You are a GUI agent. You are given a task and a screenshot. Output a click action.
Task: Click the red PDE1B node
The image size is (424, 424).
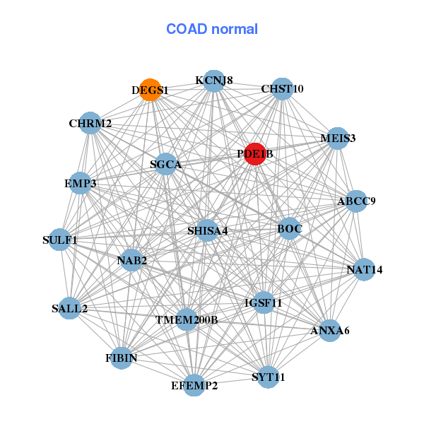tap(254, 153)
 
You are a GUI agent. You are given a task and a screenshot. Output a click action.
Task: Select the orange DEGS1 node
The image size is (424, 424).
tap(150, 90)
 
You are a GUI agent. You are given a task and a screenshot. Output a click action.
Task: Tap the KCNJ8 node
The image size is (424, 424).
tap(214, 81)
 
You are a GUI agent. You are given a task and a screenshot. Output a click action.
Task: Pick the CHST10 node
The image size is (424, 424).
tap(282, 89)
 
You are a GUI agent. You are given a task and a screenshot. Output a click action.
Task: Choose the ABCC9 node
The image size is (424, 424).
tap(356, 201)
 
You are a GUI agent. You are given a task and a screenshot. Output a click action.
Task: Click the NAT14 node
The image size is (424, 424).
tap(364, 269)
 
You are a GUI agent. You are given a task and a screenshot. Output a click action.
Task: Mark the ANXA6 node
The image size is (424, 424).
tap(330, 330)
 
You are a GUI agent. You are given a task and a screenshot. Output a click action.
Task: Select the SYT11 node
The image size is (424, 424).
tap(269, 377)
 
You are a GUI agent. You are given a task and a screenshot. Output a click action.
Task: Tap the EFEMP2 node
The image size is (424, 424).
tap(194, 385)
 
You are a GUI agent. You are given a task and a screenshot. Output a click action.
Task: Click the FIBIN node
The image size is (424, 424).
tap(121, 358)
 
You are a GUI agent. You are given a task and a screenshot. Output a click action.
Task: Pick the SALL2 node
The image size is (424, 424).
tap(69, 308)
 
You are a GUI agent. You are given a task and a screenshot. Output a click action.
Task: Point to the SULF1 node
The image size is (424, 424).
tap(60, 240)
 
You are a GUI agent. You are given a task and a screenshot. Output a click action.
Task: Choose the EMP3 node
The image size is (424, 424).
tap(80, 184)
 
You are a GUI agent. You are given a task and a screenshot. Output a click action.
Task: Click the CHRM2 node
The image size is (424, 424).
tap(90, 124)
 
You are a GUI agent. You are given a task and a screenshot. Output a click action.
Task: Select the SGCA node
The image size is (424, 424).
tap(166, 165)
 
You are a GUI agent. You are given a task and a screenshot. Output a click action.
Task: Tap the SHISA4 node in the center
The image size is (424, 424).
tap(207, 230)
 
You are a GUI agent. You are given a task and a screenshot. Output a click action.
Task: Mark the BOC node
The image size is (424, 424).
tap(289, 228)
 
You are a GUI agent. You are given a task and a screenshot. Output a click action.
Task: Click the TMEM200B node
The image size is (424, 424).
tap(187, 320)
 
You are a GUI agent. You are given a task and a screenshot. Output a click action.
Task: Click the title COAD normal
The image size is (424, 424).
tap(212, 30)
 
